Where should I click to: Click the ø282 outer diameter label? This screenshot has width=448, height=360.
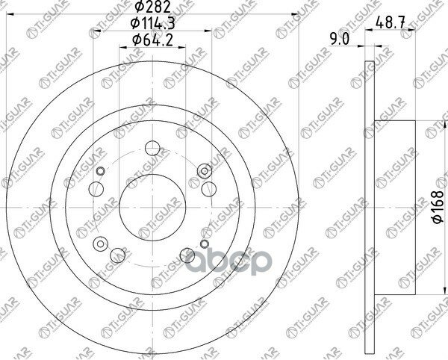pos(152,7)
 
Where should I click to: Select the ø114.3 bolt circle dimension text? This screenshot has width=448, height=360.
pos(152,23)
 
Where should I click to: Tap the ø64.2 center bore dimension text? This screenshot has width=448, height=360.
pos(152,40)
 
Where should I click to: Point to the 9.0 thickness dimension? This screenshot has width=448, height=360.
pos(340,39)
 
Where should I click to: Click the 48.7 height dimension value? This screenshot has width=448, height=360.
pos(391,22)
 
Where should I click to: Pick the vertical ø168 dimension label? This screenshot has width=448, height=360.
pos(438,207)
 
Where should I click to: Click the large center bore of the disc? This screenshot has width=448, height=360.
pos(152,208)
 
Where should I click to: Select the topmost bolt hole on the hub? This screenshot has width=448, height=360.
pos(152,149)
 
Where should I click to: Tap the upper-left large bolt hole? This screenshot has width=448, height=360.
pos(96,189)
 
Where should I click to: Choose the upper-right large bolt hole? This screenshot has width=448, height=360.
pos(209,189)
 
